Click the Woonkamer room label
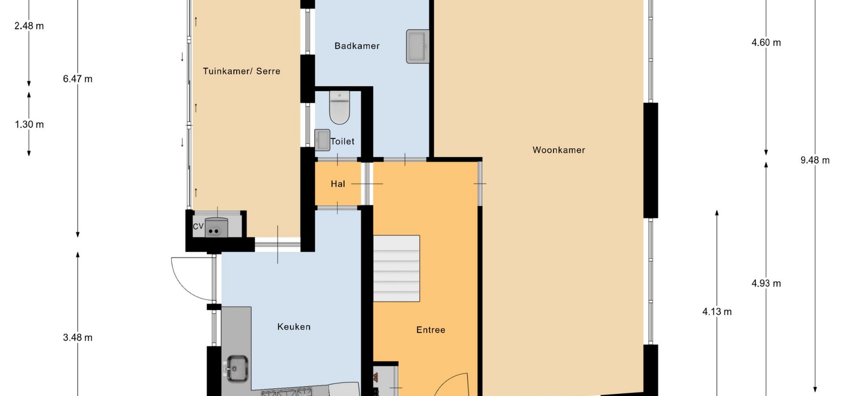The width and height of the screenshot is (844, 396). point(559,150)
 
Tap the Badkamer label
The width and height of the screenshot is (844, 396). point(357,46)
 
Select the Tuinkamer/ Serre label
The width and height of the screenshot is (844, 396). point(241,71)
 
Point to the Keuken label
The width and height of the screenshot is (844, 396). point(294,326)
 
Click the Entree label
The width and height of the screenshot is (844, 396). point(431,330)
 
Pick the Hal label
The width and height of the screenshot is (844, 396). point(338,184)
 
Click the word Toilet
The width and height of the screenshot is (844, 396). point(342,141)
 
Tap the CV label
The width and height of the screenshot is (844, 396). point(198,226)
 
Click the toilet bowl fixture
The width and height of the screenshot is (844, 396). point(339,107)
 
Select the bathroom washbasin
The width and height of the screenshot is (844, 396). point(418,46)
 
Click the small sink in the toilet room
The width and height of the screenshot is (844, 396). point(322,140)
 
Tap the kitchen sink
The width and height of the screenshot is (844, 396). point(237,368)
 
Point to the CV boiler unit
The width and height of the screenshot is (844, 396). point(216,227)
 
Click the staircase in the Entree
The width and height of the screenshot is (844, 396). point(397,268)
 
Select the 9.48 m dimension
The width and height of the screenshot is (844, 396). point(815,160)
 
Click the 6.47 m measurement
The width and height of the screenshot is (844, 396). point(78,79)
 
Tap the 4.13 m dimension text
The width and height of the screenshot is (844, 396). point(717,312)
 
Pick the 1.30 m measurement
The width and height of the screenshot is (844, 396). point(29,125)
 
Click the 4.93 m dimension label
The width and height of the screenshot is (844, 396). point(766,283)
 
